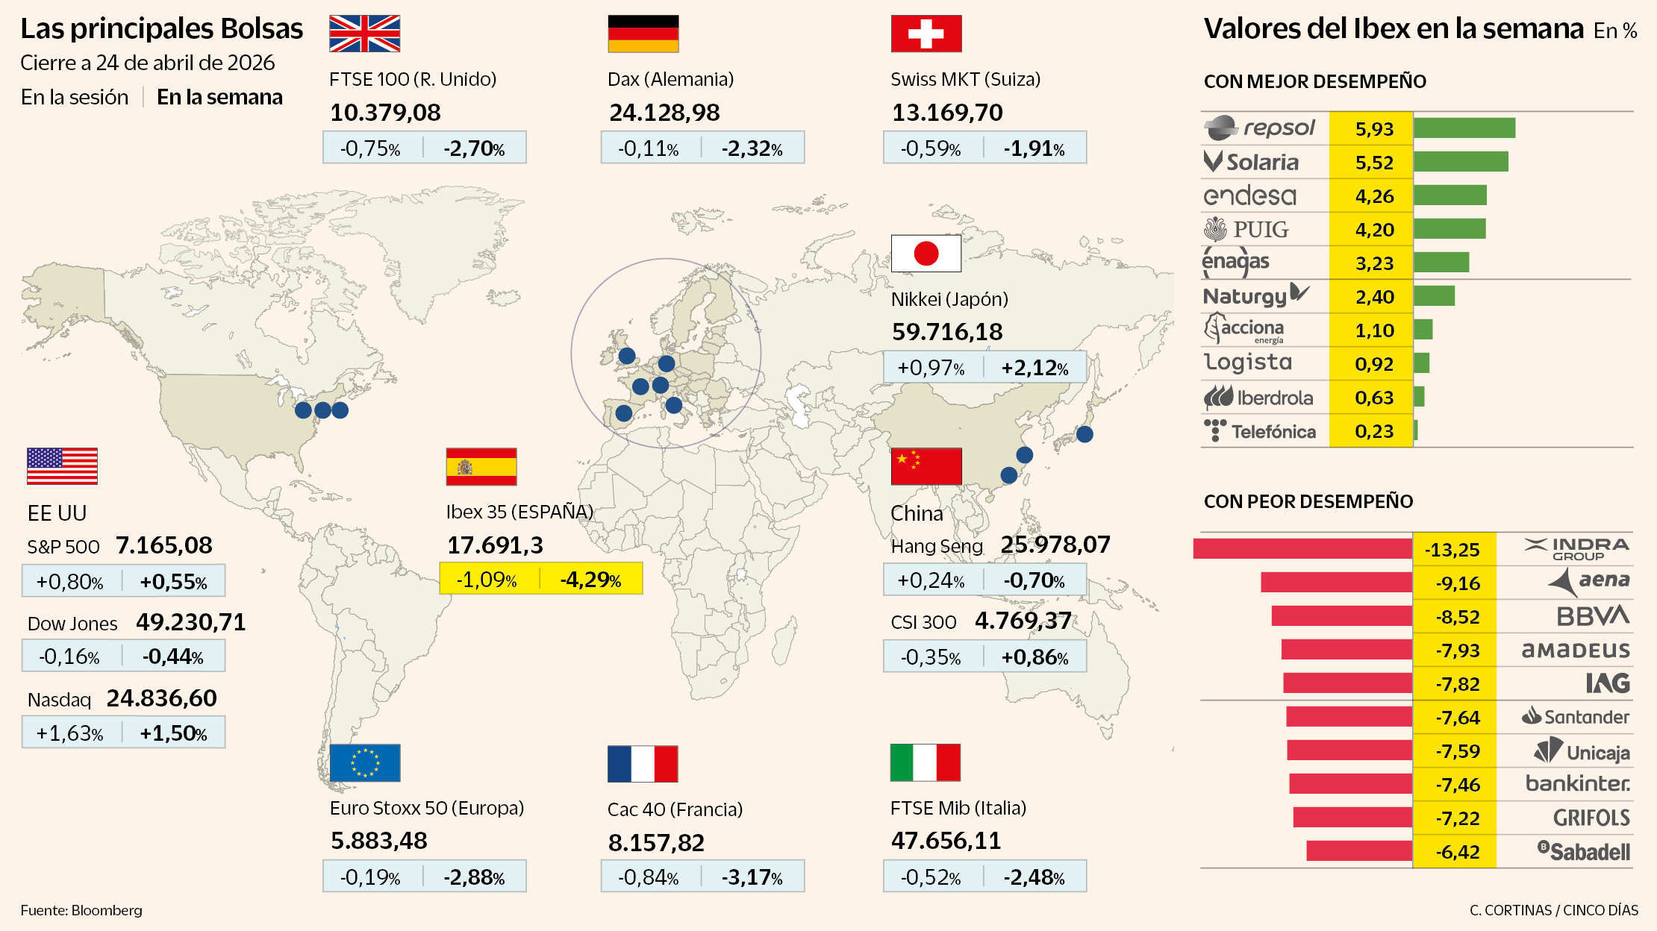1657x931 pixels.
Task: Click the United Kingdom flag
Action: tap(364, 34)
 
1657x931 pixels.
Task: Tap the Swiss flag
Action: tap(926, 34)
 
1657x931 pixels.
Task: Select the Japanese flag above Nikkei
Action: tap(926, 254)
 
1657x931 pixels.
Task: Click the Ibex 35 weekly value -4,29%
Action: tap(591, 580)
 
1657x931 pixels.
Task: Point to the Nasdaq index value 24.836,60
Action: tap(161, 698)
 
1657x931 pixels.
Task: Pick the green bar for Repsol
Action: tap(1464, 128)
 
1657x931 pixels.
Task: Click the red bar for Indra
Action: tap(1302, 549)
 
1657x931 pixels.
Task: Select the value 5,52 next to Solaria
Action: tap(1373, 163)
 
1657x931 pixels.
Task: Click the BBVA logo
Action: tap(1592, 616)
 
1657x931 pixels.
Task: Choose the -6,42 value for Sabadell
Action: tap(1456, 852)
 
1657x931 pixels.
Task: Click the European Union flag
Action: tap(364, 762)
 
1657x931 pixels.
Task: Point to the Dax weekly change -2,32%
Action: tap(752, 148)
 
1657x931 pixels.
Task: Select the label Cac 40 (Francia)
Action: tap(675, 809)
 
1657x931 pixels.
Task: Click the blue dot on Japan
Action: tap(1085, 434)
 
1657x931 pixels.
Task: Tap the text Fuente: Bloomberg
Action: tap(81, 910)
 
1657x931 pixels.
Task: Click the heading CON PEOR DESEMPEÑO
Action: tap(1308, 501)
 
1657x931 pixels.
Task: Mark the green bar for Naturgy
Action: tap(1434, 296)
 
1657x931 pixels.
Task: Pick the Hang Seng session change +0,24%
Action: tap(931, 580)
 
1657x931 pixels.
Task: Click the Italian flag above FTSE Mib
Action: tap(925, 762)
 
